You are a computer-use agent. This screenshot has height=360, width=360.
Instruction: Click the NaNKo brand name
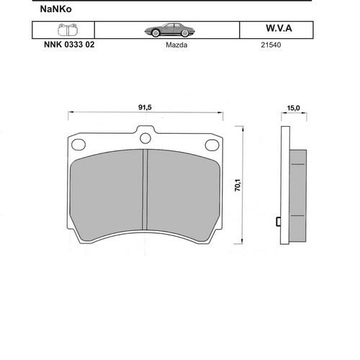(55, 9)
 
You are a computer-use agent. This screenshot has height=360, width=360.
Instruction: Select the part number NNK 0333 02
(69, 45)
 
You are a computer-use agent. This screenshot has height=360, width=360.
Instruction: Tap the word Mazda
(176, 45)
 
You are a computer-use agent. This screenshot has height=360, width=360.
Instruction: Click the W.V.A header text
(279, 28)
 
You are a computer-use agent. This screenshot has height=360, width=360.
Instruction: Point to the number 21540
(271, 45)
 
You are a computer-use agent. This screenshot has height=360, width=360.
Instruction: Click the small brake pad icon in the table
(68, 30)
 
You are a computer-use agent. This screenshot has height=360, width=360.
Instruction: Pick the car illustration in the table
(170, 30)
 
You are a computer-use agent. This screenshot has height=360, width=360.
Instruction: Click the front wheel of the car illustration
(156, 33)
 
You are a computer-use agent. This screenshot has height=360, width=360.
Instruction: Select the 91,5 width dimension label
(145, 107)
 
